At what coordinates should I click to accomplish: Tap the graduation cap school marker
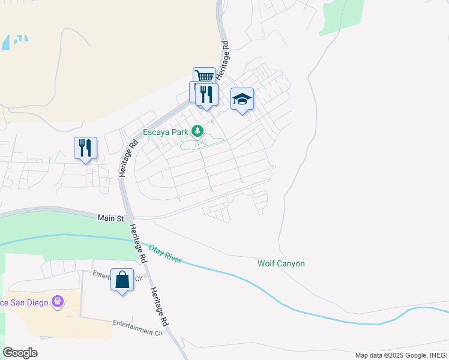tap(242, 99)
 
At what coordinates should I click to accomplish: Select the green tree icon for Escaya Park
tap(197, 131)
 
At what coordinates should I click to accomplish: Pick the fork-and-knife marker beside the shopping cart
tap(206, 94)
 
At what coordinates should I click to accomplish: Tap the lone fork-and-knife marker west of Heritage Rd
tap(85, 148)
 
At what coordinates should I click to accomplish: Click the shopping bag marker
tap(122, 280)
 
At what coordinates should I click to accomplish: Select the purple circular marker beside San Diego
tap(58, 301)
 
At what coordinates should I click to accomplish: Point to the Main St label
tap(110, 219)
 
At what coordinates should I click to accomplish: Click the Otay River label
tap(164, 253)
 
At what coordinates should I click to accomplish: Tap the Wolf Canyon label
tap(281, 263)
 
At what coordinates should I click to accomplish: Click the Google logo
tap(20, 353)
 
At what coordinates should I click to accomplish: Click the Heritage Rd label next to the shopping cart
tap(224, 57)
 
